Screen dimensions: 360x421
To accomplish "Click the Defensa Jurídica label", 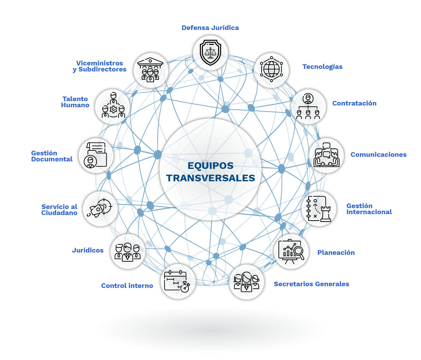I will pos(210,28).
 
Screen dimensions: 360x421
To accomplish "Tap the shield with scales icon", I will pos(210,52).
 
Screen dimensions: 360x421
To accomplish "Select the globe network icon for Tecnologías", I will pos(271,69).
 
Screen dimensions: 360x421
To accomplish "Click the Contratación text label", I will pos(354,103).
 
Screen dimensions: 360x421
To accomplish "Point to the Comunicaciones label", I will pos(378,155).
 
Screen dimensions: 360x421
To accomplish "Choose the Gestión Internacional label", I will pos(369,209).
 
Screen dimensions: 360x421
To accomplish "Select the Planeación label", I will pos(336,253).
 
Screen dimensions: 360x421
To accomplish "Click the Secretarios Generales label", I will pos(311,284).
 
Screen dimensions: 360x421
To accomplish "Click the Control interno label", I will pos(127,286).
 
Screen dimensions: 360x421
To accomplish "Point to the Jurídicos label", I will pos(88,250).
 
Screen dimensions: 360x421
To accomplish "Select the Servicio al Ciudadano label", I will pos(59,210).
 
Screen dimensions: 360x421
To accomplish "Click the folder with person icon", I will pos(96,155).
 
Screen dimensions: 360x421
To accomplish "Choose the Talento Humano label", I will pos(75,102).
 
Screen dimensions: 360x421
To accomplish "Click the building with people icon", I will pos(151,70).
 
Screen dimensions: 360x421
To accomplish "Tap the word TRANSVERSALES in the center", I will pos(210,178).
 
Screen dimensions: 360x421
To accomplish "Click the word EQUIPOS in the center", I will pos(210,166).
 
